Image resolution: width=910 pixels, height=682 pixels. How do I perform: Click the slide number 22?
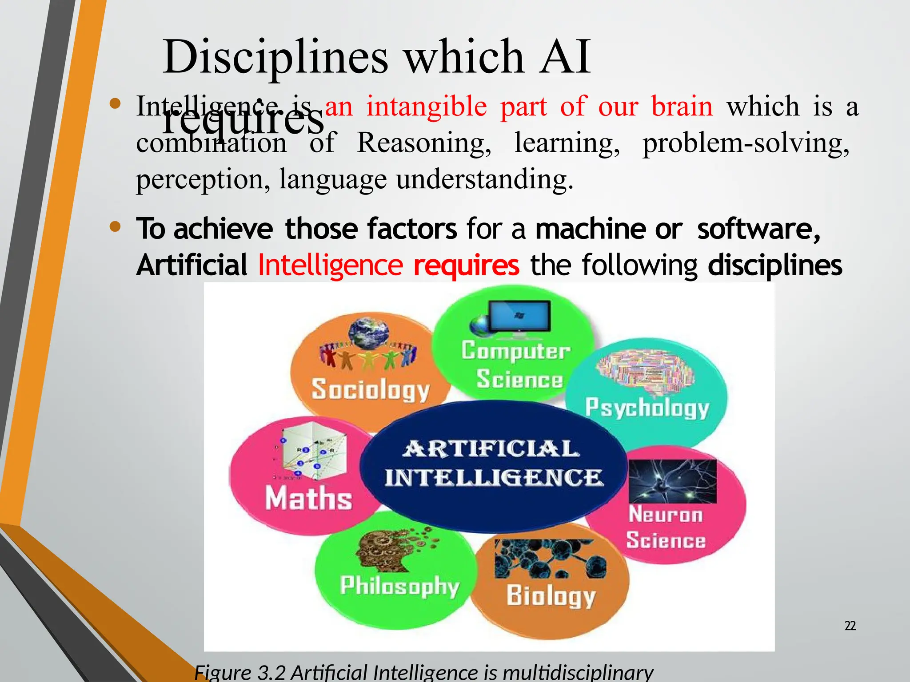click(x=850, y=626)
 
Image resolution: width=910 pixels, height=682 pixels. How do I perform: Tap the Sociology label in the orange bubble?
click(x=370, y=389)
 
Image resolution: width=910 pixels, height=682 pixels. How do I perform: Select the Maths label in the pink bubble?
click(x=308, y=498)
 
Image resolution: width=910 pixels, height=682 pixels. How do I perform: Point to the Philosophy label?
click(x=399, y=586)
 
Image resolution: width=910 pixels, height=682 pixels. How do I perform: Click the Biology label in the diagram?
click(x=551, y=595)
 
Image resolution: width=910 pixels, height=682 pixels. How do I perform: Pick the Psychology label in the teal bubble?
click(x=647, y=408)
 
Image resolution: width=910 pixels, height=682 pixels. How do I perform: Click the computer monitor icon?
click(x=519, y=316)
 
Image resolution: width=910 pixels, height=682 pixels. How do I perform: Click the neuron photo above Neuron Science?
click(x=673, y=481)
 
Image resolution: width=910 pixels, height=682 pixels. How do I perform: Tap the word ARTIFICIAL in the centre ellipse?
click(x=491, y=449)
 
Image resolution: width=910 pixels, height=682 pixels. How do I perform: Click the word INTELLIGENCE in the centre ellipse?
click(x=494, y=478)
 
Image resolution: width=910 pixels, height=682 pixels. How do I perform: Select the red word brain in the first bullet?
click(x=682, y=107)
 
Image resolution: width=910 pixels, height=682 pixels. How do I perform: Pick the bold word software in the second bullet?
click(x=758, y=229)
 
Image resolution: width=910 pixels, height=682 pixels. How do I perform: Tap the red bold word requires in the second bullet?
click(x=466, y=266)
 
